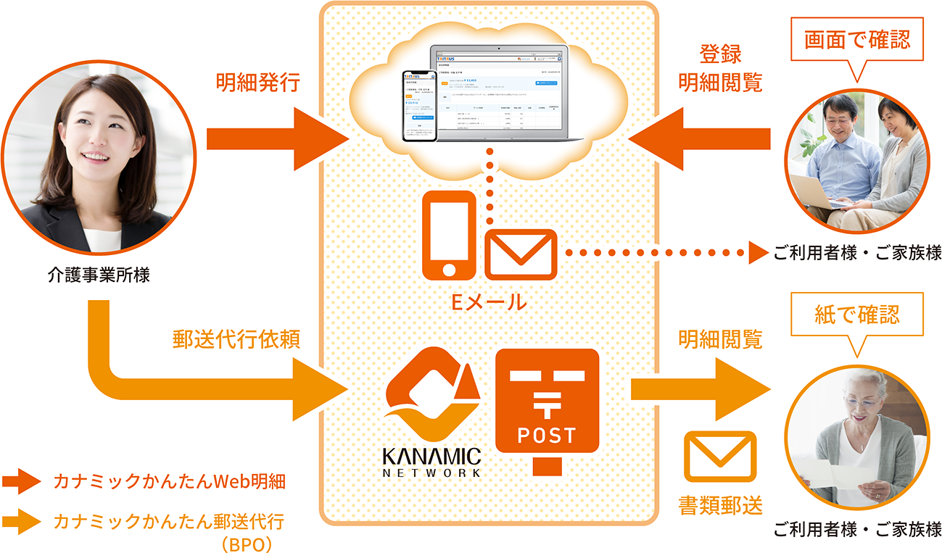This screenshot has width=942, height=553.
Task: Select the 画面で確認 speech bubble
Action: pyautogui.click(x=856, y=41)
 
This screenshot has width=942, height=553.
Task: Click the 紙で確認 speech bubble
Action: pyautogui.click(x=857, y=315)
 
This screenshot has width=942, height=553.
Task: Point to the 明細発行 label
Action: pyautogui.click(x=257, y=83)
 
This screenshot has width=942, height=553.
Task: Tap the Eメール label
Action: pyautogui.click(x=489, y=302)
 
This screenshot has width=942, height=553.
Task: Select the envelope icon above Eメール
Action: pyautogui.click(x=520, y=254)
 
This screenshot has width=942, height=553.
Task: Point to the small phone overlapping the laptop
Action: pyautogui.click(x=418, y=105)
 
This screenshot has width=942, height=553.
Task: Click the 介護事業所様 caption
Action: pyautogui.click(x=99, y=275)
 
